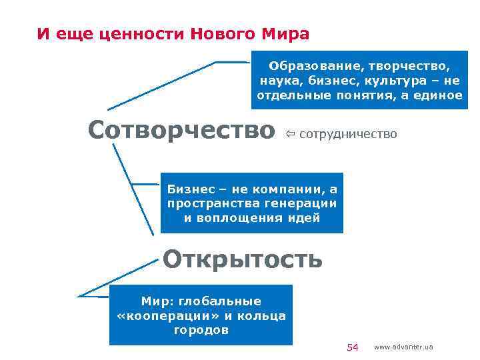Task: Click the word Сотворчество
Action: click(181, 131)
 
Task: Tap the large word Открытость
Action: click(243, 259)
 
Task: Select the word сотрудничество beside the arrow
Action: click(348, 135)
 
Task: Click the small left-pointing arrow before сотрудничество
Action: click(291, 135)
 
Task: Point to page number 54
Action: click(353, 347)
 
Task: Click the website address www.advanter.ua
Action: click(403, 347)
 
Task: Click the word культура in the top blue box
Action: click(393, 81)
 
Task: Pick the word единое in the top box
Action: click(437, 95)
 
